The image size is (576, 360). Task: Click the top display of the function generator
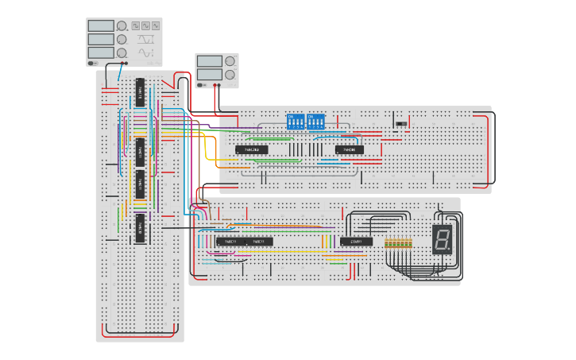101,26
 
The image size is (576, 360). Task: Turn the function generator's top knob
122,26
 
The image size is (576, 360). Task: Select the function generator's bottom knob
122,52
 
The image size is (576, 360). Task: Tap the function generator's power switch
93,63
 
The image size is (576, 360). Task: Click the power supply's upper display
209,61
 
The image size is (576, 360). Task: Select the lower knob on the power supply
230,75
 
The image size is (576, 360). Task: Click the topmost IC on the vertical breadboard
140,92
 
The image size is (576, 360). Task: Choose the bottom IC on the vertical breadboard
140,227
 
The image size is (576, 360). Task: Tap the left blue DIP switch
295,122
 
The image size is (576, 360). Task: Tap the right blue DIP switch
315,122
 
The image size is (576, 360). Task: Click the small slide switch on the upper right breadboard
401,124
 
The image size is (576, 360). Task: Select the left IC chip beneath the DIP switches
251,149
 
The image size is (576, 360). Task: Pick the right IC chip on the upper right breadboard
349,149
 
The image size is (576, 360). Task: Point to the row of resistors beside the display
398,243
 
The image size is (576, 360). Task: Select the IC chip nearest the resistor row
356,241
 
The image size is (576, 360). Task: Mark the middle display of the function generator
101,39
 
